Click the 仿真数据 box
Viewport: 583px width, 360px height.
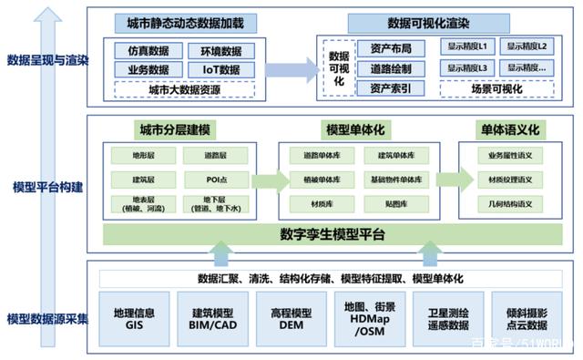(147, 51)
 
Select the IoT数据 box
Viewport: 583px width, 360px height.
(222, 69)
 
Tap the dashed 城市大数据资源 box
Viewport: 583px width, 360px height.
(184, 89)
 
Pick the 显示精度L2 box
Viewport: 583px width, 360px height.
(530, 47)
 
